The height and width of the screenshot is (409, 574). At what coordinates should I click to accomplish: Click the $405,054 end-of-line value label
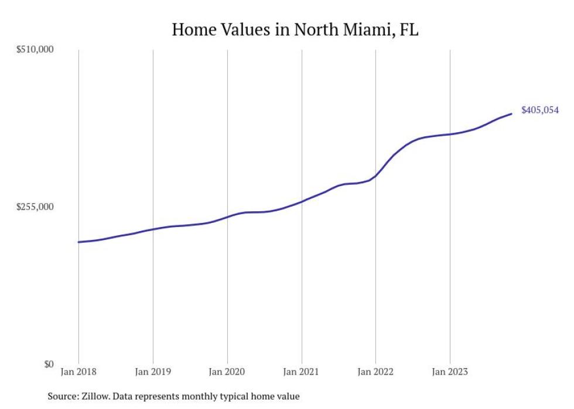tap(539, 110)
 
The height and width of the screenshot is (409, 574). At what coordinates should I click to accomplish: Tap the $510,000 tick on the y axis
tap(35, 50)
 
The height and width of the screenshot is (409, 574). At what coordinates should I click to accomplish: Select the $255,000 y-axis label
tap(35, 207)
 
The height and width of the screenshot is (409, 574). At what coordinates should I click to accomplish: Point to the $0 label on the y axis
tap(49, 364)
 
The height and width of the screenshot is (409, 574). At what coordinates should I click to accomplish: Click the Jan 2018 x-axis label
tap(78, 372)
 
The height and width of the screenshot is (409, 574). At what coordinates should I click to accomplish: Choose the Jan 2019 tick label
tap(153, 372)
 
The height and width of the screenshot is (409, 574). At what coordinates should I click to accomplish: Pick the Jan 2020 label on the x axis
tap(227, 372)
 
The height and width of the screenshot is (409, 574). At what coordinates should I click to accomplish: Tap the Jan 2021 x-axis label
tap(301, 372)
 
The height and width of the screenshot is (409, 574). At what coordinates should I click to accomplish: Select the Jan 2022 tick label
tap(375, 372)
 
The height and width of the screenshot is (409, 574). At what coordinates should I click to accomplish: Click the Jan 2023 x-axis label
tap(449, 372)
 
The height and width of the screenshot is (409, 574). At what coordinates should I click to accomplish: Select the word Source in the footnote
tap(63, 396)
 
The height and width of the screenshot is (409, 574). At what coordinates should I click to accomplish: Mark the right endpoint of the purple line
tap(511, 114)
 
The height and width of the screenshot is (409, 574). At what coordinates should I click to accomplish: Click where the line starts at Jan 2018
tap(78, 242)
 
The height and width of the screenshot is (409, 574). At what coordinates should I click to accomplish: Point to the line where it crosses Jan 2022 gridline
tap(375, 176)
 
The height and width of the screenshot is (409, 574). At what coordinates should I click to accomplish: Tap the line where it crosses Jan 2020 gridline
tap(227, 216)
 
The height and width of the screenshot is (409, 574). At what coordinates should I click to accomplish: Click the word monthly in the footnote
tap(206, 396)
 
